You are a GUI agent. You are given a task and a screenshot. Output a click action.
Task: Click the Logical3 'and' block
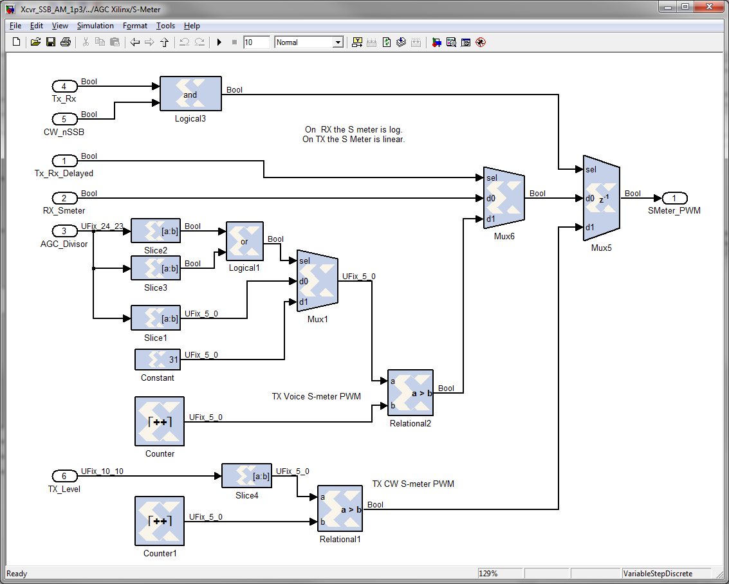coord(190,95)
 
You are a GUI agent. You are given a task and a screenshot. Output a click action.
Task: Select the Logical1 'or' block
coord(245,241)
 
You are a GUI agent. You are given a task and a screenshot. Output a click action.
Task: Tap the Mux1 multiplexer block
coord(317,281)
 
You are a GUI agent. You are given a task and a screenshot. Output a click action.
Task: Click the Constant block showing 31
coord(158,360)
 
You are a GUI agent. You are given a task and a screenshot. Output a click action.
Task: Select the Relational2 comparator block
coord(411,392)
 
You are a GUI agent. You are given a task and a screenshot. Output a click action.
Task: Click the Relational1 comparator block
coord(340,509)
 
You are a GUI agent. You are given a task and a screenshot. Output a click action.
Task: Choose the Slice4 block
coord(246,476)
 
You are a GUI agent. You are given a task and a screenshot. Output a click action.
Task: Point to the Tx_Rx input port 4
coord(64,87)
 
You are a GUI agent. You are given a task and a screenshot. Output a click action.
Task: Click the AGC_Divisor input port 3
coord(64,231)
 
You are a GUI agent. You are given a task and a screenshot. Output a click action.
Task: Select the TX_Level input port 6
coord(64,476)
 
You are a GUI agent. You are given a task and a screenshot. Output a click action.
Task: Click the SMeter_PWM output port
coord(674,198)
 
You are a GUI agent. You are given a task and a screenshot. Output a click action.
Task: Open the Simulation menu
coord(95,26)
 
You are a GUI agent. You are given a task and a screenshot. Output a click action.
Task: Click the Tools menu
coord(165,26)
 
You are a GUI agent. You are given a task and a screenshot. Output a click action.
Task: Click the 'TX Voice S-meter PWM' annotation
coord(316,396)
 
